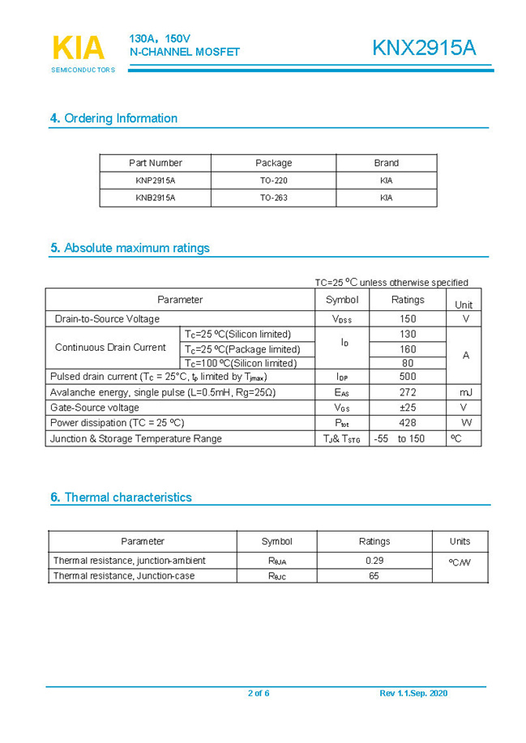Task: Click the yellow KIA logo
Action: tap(78, 48)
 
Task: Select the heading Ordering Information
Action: tap(113, 118)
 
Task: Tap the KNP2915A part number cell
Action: tap(156, 181)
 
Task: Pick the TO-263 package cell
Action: tap(273, 198)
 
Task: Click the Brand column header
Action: tap(386, 163)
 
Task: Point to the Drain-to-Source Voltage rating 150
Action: tap(408, 319)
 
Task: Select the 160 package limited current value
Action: tap(408, 349)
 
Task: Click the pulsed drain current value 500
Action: tap(408, 377)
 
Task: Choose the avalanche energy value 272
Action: tap(408, 392)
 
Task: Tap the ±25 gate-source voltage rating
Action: tap(408, 408)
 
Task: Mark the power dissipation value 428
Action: tap(408, 423)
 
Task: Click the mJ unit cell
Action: tap(465, 392)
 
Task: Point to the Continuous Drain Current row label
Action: tap(110, 348)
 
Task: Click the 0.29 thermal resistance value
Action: tap(374, 561)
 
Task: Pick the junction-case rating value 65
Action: tap(374, 576)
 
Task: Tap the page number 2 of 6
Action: tap(259, 694)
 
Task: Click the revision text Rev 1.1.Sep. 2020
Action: tap(413, 694)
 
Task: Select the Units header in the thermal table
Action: tap(460, 541)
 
